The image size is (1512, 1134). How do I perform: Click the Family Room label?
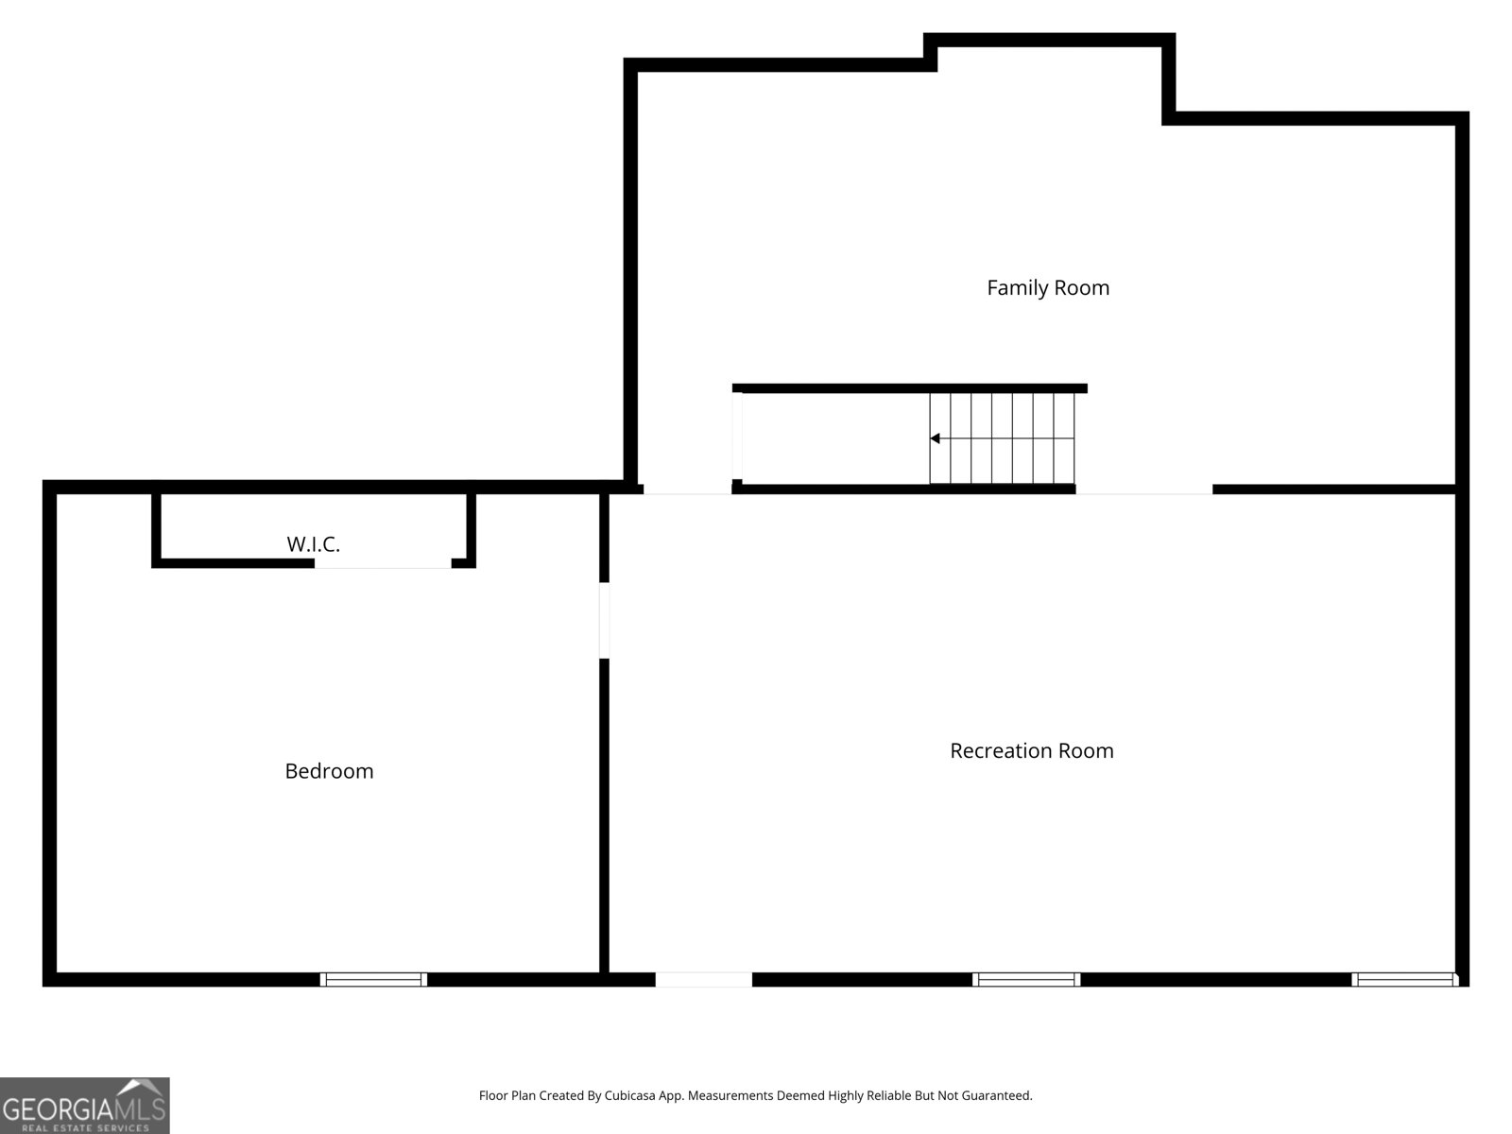click(1048, 287)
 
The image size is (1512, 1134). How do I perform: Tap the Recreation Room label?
click(1031, 750)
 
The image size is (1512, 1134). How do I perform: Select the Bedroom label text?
click(329, 771)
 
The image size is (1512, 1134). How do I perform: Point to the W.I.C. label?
click(313, 544)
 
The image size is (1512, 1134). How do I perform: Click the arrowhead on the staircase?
click(935, 438)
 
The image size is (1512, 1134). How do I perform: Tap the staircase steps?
click(1003, 438)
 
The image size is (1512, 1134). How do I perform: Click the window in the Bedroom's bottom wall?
click(373, 979)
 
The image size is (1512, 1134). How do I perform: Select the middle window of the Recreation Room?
click(1026, 979)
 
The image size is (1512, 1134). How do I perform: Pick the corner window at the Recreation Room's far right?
click(1405, 979)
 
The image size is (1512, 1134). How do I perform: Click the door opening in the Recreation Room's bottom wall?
click(704, 979)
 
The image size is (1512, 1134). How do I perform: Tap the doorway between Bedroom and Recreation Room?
click(604, 620)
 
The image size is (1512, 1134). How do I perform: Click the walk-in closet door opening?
click(383, 564)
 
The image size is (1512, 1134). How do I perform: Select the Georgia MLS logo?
click(84, 1105)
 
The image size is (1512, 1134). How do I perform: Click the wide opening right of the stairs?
click(1143, 490)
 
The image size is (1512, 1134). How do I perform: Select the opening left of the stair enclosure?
click(687, 490)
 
